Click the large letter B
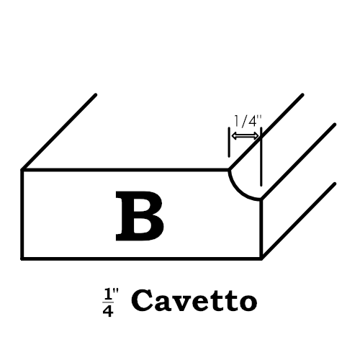pos(140,216)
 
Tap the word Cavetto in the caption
pos(194,300)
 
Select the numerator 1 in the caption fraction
pos(108,295)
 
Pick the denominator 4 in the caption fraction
pos(108,311)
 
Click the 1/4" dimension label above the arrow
pos(248,121)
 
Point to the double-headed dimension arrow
pos(245,136)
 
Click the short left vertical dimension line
pos(229,142)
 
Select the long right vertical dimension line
pos(261,157)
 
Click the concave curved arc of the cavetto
pos(239,192)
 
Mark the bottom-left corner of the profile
pos(22,258)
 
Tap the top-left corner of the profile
pos(22,170)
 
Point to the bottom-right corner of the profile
pos(261,258)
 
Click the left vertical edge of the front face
pos(22,214)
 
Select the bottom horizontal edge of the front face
pos(142,258)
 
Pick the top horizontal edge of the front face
pos(125,170)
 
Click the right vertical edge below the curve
pos(261,229)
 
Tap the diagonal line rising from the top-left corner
pos(59,132)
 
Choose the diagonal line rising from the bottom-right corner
pos(298,221)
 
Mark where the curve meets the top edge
pos(229,170)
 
